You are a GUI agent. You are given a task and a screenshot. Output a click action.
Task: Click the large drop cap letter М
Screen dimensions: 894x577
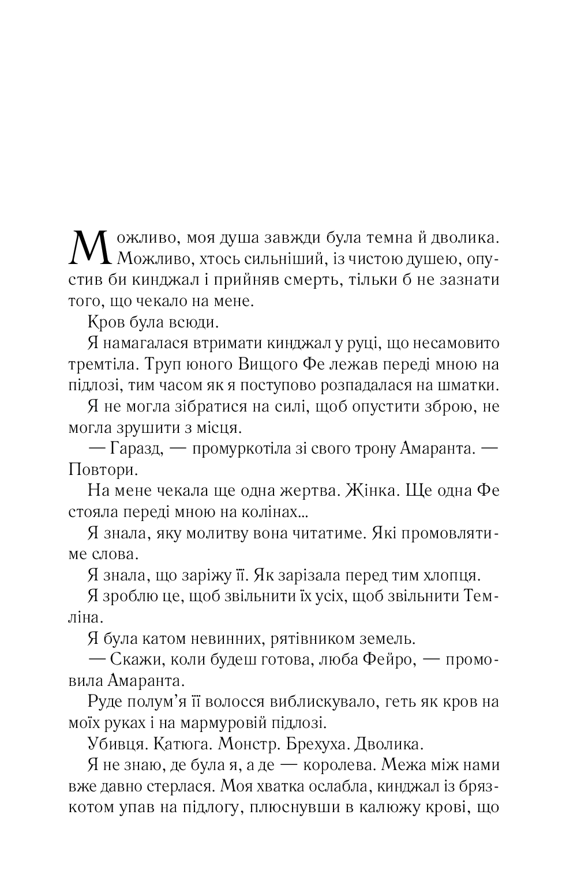[88, 248]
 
